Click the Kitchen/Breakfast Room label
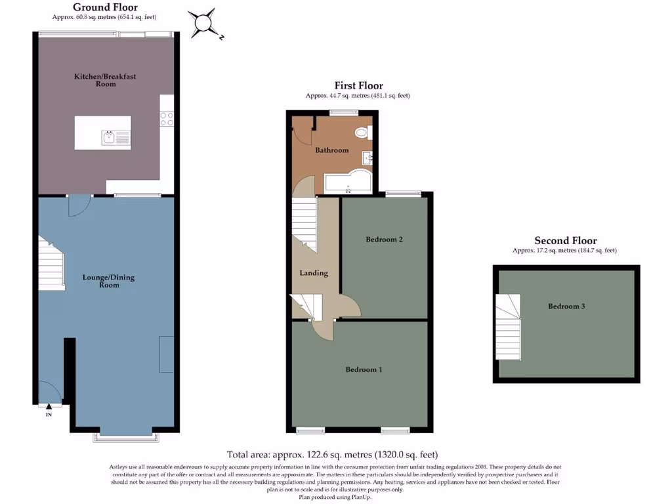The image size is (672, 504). coord(104,80)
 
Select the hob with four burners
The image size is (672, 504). coord(167,118)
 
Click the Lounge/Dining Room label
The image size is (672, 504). coord(108,281)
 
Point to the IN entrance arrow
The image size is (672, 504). coord(49,408)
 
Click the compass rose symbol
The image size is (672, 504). coord(203,24)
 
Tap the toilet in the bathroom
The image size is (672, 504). coord(362,133)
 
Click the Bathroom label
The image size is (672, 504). coord(331,150)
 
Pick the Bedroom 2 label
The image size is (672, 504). coord(384,240)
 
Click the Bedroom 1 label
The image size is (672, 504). coord(364,369)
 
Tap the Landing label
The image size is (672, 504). coord(314,273)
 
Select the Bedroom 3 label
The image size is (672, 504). coord(566,306)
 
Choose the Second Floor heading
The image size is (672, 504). coord(565,241)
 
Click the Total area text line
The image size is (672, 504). coord(332,454)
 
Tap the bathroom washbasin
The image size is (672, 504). coord(366,158)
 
